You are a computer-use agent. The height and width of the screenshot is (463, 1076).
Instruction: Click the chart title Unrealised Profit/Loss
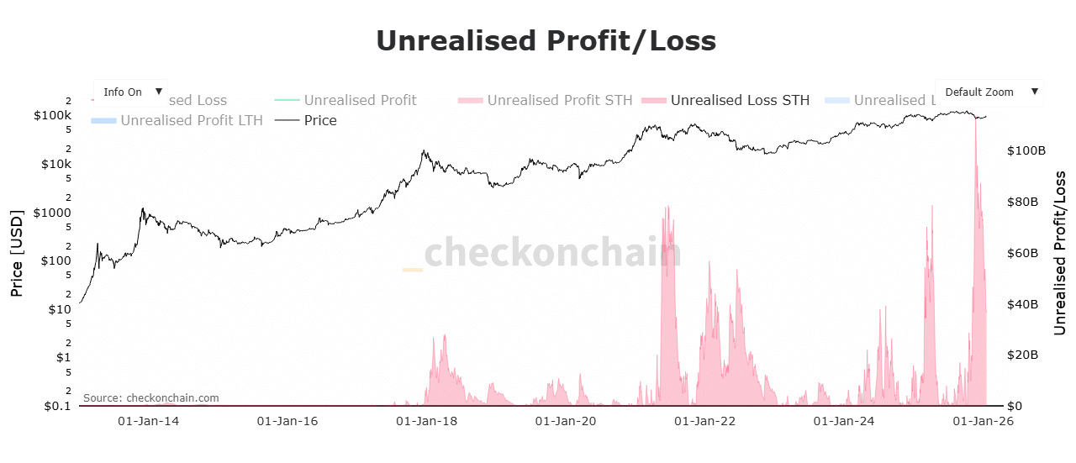pyautogui.click(x=546, y=40)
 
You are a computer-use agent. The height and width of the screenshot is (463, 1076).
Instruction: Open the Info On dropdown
pyautogui.click(x=130, y=92)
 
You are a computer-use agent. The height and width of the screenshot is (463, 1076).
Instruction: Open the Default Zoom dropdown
pyautogui.click(x=989, y=92)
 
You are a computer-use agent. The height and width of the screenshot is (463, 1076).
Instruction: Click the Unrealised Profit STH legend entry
pyautogui.click(x=559, y=100)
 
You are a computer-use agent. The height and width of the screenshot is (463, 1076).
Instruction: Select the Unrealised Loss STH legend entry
pyautogui.click(x=740, y=100)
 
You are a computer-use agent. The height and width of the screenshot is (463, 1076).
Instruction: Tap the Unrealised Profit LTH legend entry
pyautogui.click(x=191, y=120)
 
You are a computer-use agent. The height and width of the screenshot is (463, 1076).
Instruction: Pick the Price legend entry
pyautogui.click(x=320, y=120)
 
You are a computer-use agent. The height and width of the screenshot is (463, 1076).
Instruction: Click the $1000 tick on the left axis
pyautogui.click(x=52, y=213)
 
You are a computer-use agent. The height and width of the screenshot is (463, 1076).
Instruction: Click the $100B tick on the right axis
pyautogui.click(x=1026, y=151)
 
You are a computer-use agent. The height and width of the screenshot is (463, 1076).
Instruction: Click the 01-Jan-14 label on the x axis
pyautogui.click(x=148, y=421)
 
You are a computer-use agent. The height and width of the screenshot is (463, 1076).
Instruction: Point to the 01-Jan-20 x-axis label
pyautogui.click(x=564, y=421)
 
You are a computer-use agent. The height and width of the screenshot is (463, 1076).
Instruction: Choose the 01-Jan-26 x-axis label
pyautogui.click(x=981, y=421)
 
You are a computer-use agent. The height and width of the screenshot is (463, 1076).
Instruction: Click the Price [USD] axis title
pyautogui.click(x=17, y=252)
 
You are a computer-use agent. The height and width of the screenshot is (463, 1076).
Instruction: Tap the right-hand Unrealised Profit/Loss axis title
pyautogui.click(x=1060, y=252)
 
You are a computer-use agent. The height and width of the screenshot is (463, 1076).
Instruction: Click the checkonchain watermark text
pyautogui.click(x=551, y=252)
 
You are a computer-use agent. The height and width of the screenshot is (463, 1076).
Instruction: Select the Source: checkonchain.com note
pyautogui.click(x=150, y=397)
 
